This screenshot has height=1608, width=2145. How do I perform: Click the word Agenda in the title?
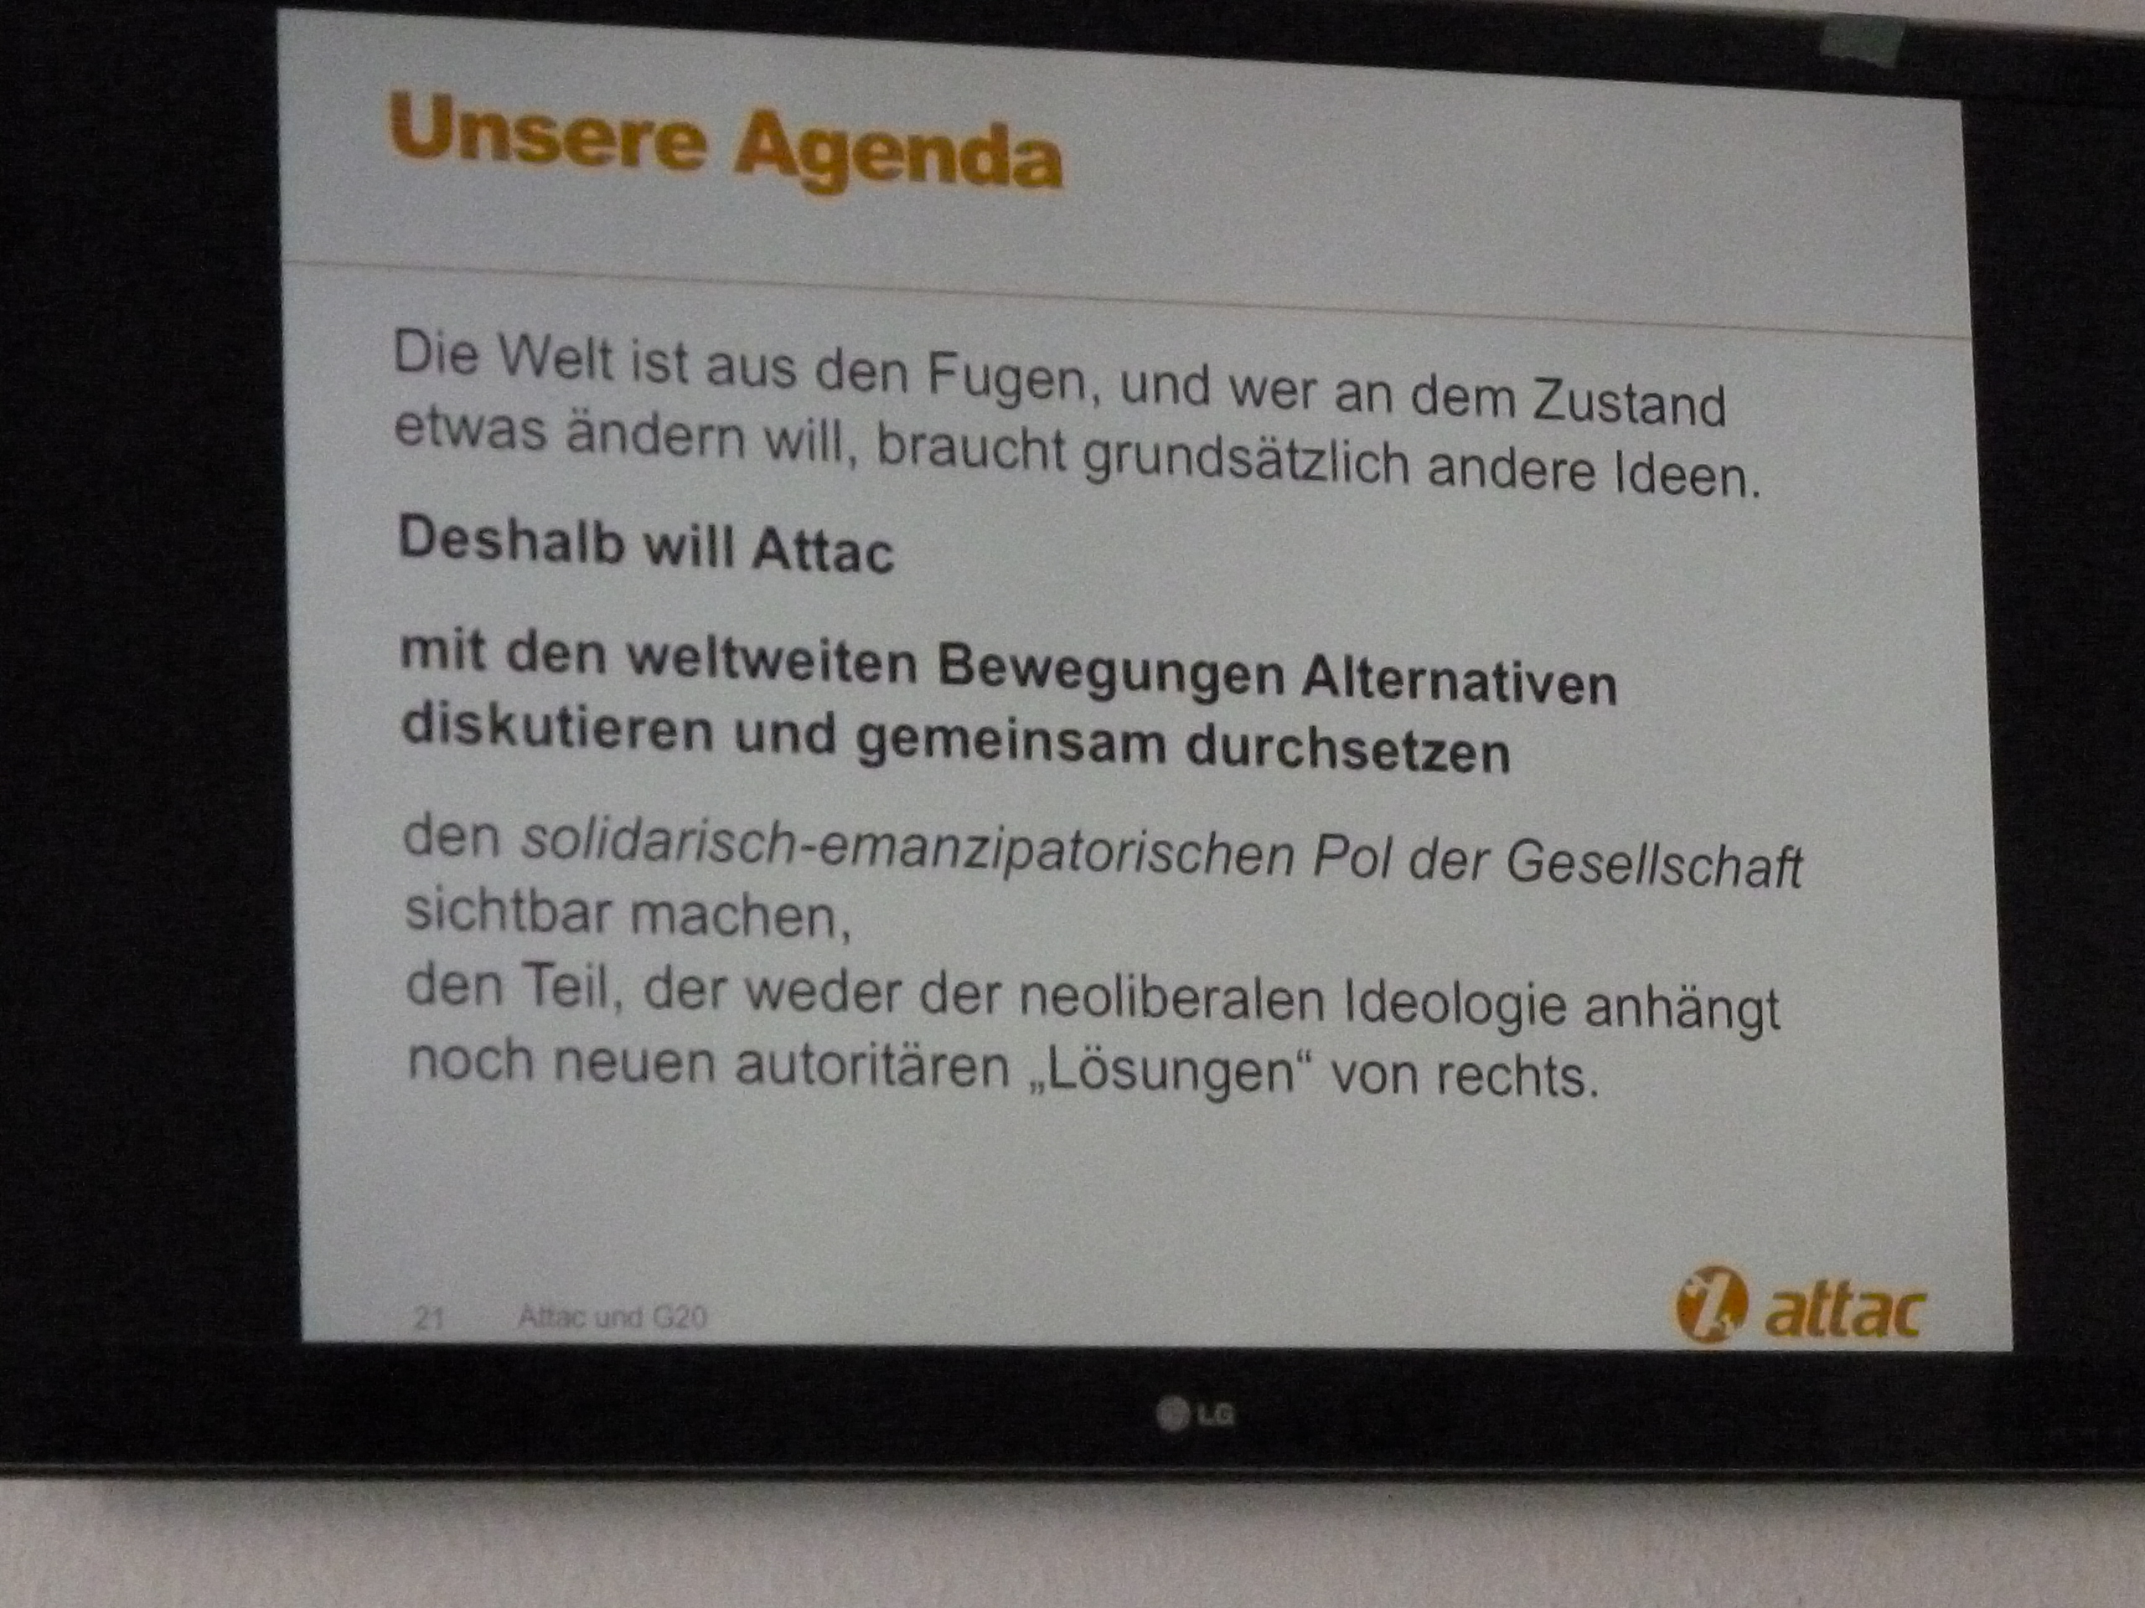pyautogui.click(x=898, y=154)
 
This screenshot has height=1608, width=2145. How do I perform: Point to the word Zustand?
pyautogui.click(x=1629, y=400)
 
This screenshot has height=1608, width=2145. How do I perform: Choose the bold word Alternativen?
pyautogui.click(x=1460, y=679)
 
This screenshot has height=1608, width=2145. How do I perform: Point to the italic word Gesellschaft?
pyautogui.click(x=1653, y=862)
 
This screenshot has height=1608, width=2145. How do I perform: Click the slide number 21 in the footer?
pyautogui.click(x=429, y=1317)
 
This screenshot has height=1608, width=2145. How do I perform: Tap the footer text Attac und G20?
pyautogui.click(x=612, y=1317)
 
